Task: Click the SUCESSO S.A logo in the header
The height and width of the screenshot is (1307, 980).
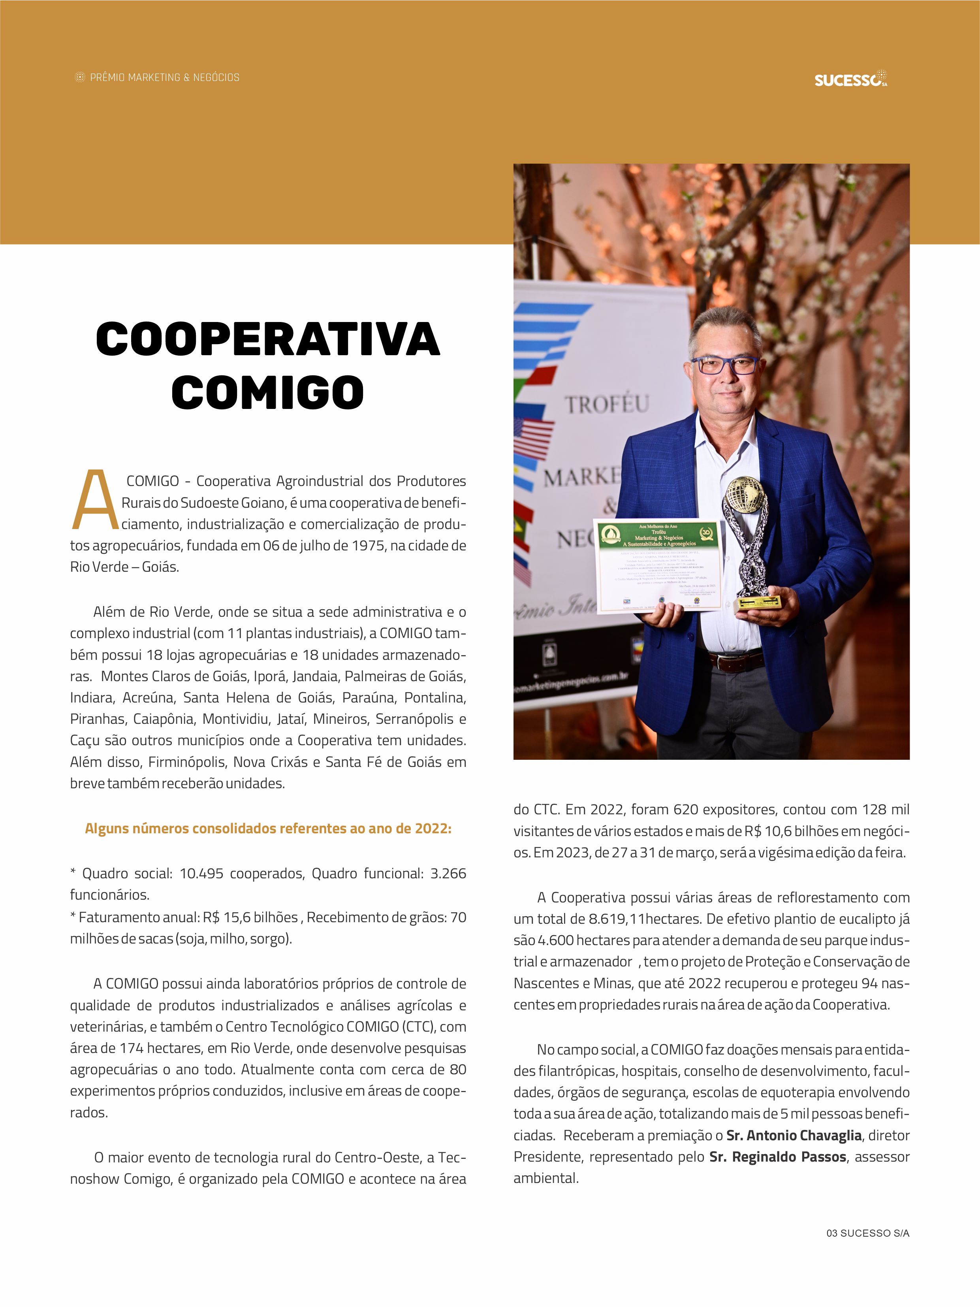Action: pyautogui.click(x=850, y=79)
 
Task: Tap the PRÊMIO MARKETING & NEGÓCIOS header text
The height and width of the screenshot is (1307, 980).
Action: pyautogui.click(x=164, y=77)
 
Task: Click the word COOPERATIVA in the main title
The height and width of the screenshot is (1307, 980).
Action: pyautogui.click(x=267, y=340)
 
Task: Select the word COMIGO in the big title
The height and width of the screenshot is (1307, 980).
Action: pyautogui.click(x=267, y=393)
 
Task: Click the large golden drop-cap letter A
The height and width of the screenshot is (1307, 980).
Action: pyautogui.click(x=94, y=500)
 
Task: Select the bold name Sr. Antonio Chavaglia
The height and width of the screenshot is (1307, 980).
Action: pyautogui.click(x=793, y=1135)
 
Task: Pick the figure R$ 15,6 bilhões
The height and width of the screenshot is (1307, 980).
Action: pyautogui.click(x=250, y=917)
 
